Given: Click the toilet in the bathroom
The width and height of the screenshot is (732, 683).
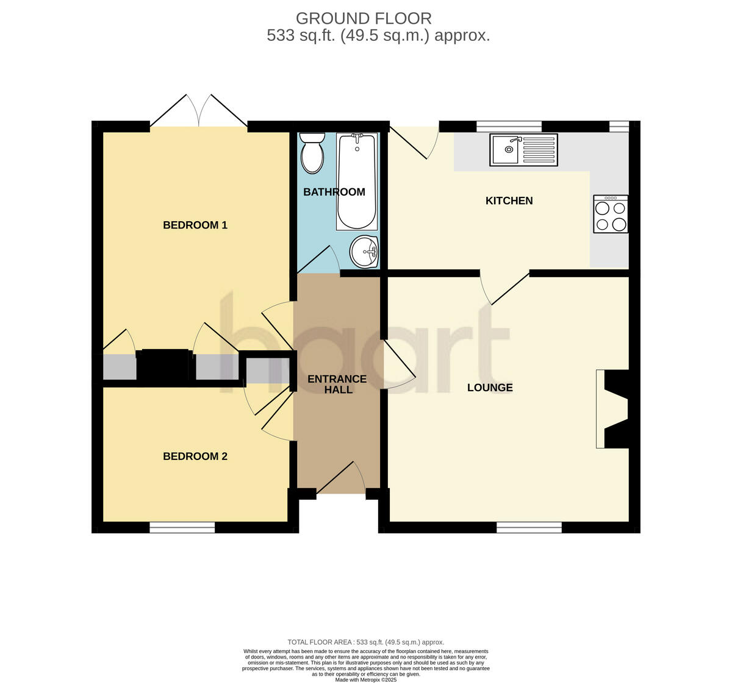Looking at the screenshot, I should point(312,152).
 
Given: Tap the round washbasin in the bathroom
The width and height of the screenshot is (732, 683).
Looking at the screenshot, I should point(365,251).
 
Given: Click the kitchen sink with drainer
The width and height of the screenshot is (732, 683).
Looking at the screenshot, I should point(523,150).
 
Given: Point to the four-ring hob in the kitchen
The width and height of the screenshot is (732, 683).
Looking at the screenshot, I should point(611,214).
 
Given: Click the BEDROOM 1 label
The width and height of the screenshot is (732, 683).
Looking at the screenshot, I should point(195,225).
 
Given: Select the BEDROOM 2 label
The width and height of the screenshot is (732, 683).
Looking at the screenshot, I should point(195,456).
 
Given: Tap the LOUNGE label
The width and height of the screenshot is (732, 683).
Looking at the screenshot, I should point(490,388).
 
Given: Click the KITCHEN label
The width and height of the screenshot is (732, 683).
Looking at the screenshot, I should point(509,200).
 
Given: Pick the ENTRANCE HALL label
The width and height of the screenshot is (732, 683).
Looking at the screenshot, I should point(337,384).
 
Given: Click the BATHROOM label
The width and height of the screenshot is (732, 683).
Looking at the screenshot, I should point(334,192).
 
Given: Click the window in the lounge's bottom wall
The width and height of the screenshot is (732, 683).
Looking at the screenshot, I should point(529,527).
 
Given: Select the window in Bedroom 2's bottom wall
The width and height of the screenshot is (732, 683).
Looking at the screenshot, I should point(182,527).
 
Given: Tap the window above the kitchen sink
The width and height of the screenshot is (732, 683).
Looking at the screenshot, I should point(509,126).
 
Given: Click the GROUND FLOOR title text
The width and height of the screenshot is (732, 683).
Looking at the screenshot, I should point(364,18).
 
